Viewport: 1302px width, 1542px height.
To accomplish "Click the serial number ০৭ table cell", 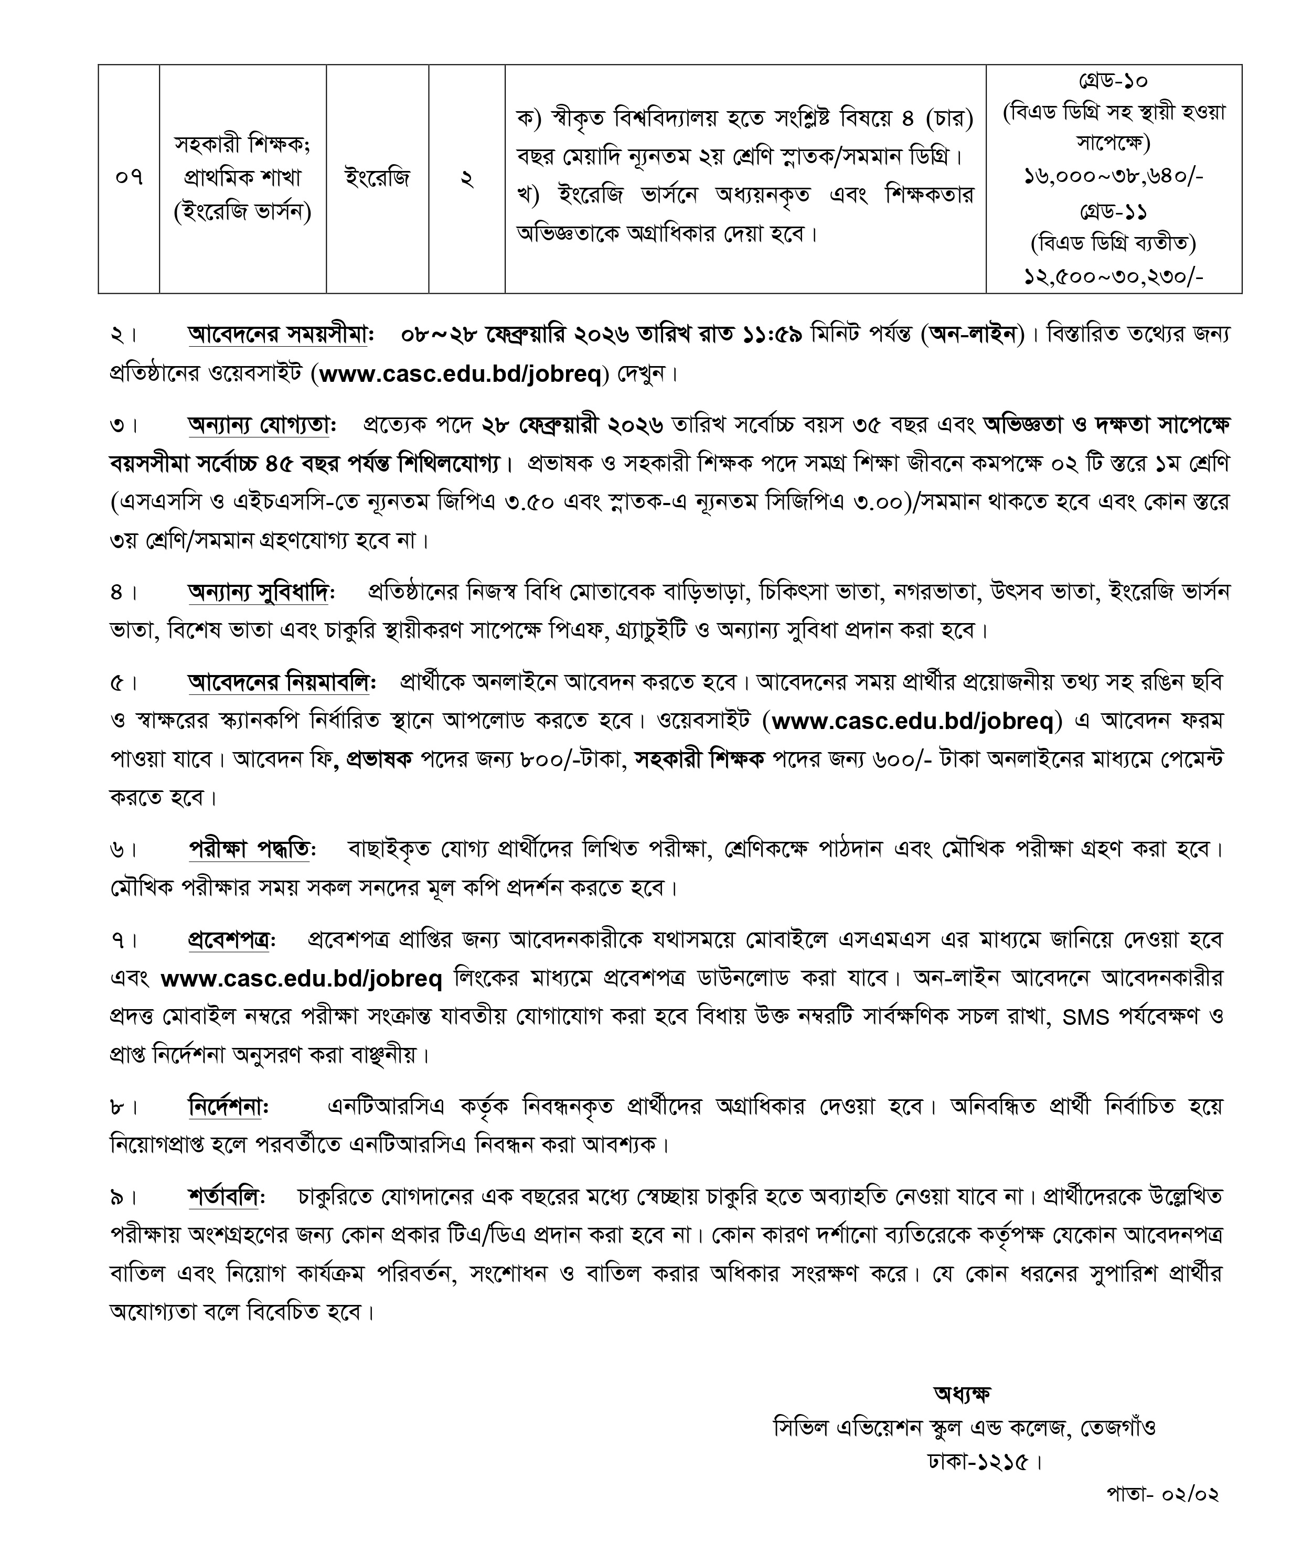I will pyautogui.click(x=129, y=178).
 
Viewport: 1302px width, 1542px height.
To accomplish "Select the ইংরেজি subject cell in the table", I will pyautogui.click(x=377, y=178).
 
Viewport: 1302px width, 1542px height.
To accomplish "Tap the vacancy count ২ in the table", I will pyautogui.click(x=466, y=178).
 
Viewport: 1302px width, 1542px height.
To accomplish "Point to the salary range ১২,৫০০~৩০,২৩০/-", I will pyautogui.click(x=1114, y=277).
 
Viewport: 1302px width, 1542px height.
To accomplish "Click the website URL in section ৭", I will pyautogui.click(x=301, y=979).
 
